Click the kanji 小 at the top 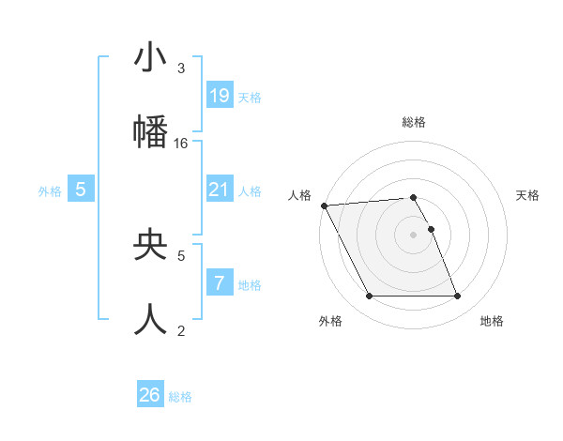(150, 58)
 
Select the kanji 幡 (150, 132)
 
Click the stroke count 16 (181, 144)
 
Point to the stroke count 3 (181, 68)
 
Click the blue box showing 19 (220, 96)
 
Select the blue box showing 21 (220, 190)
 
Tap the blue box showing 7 (220, 282)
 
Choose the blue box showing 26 (150, 395)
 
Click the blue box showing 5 (81, 190)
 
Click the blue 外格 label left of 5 (50, 190)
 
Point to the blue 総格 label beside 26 (180, 397)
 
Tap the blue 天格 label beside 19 (250, 97)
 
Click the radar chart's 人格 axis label (299, 195)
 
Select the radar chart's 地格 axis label (492, 321)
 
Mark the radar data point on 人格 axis (325, 205)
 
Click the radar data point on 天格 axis (431, 229)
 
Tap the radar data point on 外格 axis (369, 297)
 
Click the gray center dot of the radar (413, 235)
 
